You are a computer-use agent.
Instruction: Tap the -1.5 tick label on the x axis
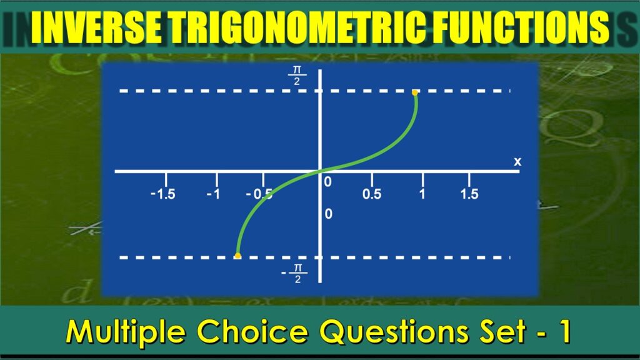[162, 194]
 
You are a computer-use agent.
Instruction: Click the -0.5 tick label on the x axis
[259, 194]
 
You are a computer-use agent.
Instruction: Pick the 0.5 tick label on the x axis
[372, 194]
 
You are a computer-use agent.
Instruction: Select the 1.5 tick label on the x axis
[469, 194]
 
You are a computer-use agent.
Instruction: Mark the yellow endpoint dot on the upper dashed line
[414, 92]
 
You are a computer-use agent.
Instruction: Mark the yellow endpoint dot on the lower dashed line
[237, 256]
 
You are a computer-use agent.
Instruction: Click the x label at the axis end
[517, 162]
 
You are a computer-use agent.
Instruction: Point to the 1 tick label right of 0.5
[422, 194]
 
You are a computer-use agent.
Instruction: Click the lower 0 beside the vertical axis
[328, 214]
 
